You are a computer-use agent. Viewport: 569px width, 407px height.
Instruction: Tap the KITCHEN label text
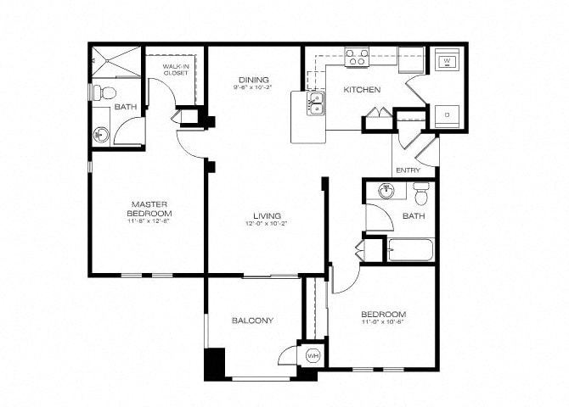click(362, 89)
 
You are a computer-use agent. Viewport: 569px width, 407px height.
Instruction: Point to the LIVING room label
click(266, 215)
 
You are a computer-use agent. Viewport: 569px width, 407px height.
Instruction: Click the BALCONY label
click(252, 321)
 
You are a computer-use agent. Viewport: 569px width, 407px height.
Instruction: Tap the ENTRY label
click(408, 170)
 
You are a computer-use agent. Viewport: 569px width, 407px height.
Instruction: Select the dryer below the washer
click(447, 114)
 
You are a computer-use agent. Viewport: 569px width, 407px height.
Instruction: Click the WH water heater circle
click(312, 356)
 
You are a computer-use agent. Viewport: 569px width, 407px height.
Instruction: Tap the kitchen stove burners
click(358, 59)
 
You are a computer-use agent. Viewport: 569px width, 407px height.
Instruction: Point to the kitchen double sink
click(314, 104)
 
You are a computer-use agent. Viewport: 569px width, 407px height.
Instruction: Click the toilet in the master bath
click(100, 91)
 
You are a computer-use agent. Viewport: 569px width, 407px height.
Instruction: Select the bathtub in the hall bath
click(409, 251)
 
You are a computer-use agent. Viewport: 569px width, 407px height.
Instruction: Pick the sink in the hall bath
click(387, 191)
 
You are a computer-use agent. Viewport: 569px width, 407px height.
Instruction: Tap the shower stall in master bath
click(113, 62)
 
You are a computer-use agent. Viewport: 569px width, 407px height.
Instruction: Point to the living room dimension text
click(266, 224)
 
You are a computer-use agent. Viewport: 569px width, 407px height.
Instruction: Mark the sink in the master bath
click(102, 134)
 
